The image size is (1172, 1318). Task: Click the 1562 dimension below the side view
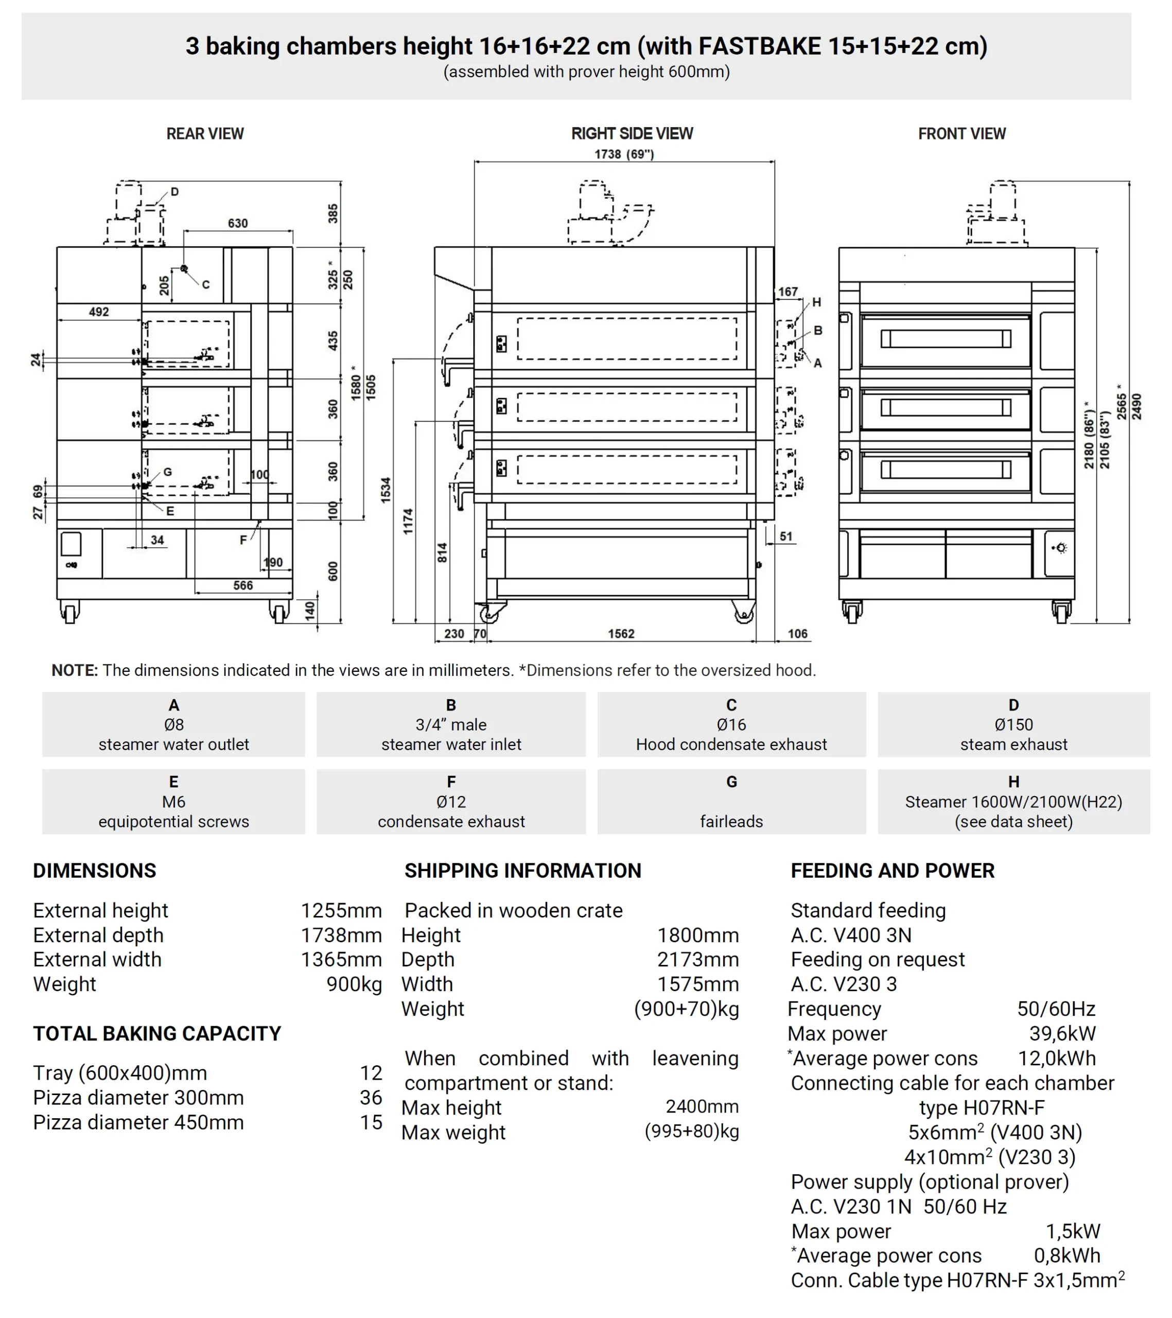click(621, 634)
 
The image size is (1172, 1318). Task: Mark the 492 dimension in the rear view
click(99, 312)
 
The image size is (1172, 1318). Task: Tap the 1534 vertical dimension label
click(386, 490)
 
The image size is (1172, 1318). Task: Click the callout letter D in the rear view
click(174, 192)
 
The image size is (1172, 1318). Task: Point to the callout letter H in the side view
click(816, 302)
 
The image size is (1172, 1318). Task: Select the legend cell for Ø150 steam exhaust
click(1013, 725)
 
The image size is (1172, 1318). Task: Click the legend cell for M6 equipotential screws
click(173, 802)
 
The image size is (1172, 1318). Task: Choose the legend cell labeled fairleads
click(731, 802)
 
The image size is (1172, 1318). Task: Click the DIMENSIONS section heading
click(95, 871)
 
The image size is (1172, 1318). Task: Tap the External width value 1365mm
click(341, 960)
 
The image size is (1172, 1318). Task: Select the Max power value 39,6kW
click(1062, 1034)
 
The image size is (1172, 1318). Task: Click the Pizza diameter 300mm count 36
click(371, 1098)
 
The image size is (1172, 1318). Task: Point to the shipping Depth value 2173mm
click(697, 960)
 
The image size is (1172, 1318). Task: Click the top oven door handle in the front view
click(945, 339)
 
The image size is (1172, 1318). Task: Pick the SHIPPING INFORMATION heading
click(523, 871)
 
